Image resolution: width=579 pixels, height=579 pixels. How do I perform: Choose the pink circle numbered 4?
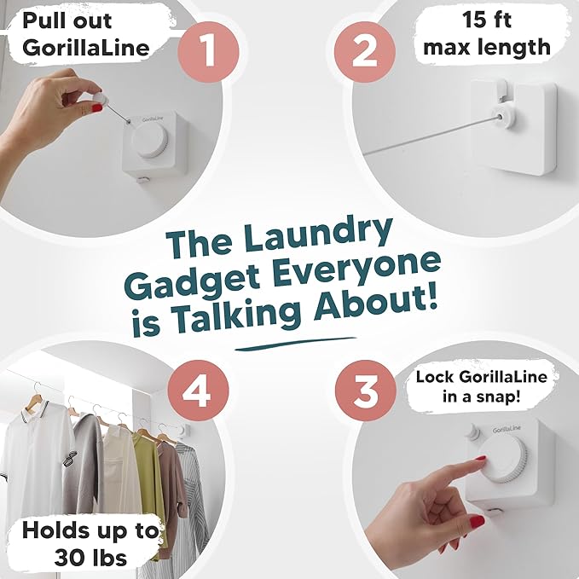pos(198,395)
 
